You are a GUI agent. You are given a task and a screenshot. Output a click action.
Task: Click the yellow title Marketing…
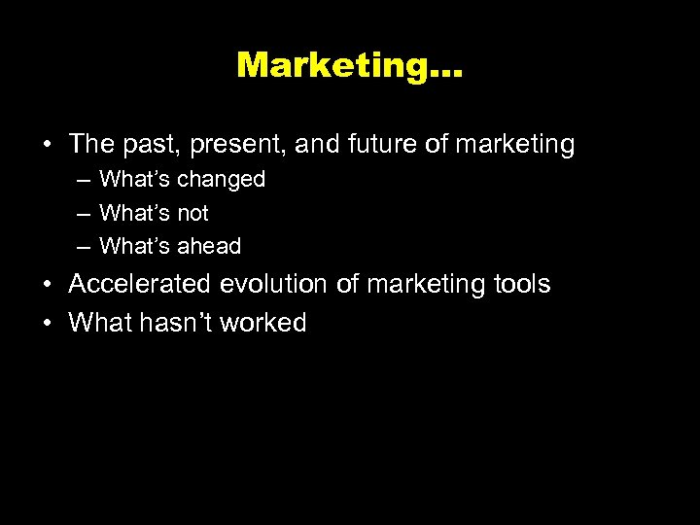coord(350,65)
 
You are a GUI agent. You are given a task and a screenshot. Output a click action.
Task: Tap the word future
coord(380,145)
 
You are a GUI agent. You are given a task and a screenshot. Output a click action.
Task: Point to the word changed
coord(221,180)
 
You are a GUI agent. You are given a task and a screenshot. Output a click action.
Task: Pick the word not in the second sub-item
coord(192,213)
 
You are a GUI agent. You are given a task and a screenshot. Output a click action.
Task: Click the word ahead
coord(209,246)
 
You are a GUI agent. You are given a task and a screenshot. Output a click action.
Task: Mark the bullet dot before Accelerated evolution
coord(47,285)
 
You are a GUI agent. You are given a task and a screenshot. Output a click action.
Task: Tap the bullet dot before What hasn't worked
coord(47,323)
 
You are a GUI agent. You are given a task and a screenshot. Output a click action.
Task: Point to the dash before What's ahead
coord(85,247)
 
